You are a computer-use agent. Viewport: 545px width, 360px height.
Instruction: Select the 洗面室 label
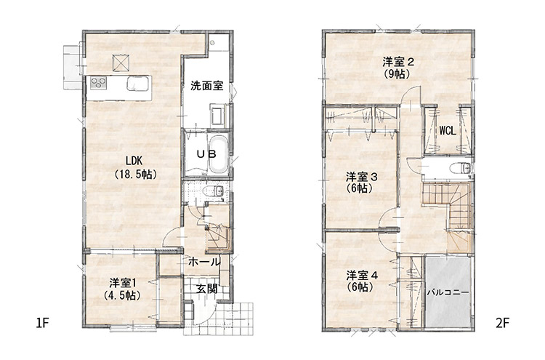tap(206, 86)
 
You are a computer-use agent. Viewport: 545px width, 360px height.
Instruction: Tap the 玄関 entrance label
tap(206, 288)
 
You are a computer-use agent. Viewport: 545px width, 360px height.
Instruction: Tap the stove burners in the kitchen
tap(99, 84)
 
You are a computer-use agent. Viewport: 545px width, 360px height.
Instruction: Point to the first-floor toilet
tap(213, 192)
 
